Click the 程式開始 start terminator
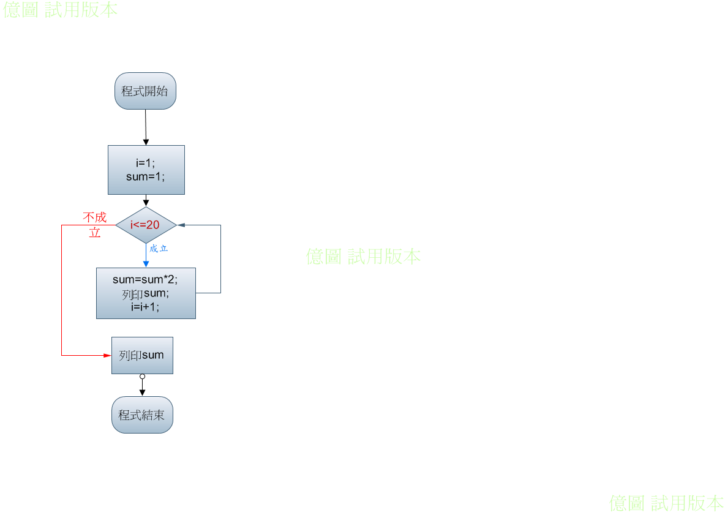[x=145, y=91]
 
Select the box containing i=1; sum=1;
[x=146, y=170]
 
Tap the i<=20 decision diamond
[x=146, y=225]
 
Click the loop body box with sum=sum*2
[x=146, y=293]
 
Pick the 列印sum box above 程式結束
[x=142, y=355]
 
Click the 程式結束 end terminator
[x=142, y=415]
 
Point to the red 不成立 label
[x=95, y=225]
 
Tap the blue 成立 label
[x=159, y=249]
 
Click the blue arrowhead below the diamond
[x=146, y=264]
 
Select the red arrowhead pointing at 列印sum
[x=107, y=355]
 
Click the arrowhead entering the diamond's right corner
[x=181, y=225]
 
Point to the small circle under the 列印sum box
[x=143, y=377]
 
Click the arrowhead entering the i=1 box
[x=146, y=142]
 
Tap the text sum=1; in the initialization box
[x=145, y=176]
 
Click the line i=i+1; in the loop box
[x=145, y=307]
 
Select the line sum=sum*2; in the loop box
[x=145, y=280]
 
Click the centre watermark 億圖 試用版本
[x=363, y=257]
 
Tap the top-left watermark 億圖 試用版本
[x=60, y=9]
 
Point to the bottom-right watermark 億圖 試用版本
[x=666, y=503]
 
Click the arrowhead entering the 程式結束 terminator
[x=143, y=393]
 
